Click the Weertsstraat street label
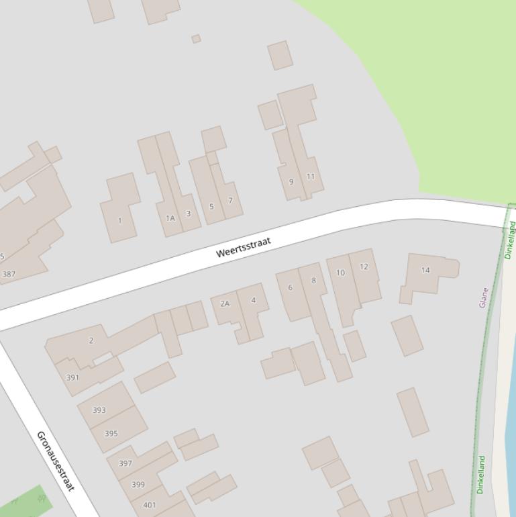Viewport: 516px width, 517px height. click(x=244, y=246)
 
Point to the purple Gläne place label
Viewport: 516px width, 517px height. click(x=483, y=297)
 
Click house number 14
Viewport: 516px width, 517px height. click(x=425, y=270)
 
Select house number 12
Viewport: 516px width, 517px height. click(x=364, y=267)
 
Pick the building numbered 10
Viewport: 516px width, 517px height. click(x=340, y=273)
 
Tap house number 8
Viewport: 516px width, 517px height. click(x=313, y=281)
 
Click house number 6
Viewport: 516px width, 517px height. click(x=291, y=287)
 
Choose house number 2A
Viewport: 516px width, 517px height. click(x=225, y=303)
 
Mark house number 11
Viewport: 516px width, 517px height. click(x=310, y=177)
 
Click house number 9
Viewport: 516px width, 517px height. click(x=291, y=181)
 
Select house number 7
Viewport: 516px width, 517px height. click(x=230, y=200)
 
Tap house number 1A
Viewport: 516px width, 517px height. click(x=170, y=218)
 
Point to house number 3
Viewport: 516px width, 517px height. click(x=188, y=214)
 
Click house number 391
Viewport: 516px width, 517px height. click(x=72, y=377)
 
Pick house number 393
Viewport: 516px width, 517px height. click(x=99, y=410)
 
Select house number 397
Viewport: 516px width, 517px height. click(x=125, y=463)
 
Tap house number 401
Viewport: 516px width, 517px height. click(x=150, y=505)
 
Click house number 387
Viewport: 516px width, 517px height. click(x=9, y=274)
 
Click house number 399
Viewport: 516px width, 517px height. click(x=138, y=484)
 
